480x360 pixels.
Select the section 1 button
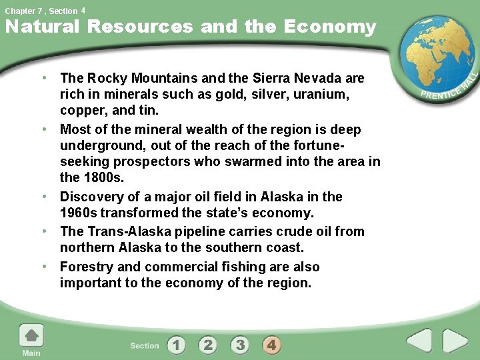pyautogui.click(x=176, y=345)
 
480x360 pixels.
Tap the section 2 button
pyautogui.click(x=208, y=345)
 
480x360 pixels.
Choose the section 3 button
pyautogui.click(x=240, y=345)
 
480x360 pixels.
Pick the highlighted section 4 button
pyautogui.click(x=271, y=345)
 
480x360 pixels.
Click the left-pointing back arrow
pyautogui.click(x=420, y=341)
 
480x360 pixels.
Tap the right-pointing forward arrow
pyautogui.click(x=456, y=341)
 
